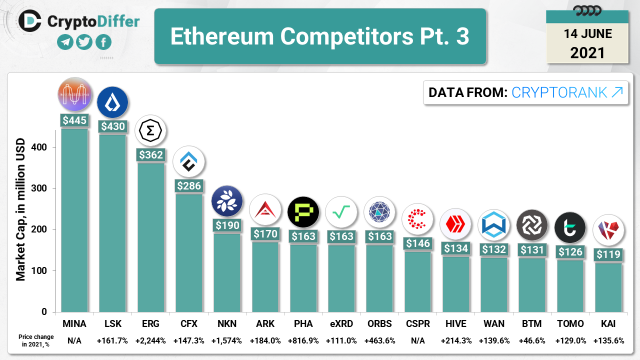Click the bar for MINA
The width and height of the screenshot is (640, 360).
74,220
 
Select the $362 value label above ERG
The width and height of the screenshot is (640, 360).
151,154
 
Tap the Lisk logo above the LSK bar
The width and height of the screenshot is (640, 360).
112,102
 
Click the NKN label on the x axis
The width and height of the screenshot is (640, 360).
227,323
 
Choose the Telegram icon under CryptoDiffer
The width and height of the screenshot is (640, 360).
65,42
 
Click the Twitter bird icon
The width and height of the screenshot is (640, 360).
84,42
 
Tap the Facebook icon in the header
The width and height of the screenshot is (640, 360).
103,42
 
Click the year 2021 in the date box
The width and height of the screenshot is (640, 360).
587,52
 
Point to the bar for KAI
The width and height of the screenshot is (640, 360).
608,287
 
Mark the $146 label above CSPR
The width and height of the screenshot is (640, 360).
417,243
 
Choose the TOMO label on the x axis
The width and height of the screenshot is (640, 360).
570,323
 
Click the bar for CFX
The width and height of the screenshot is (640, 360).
189,252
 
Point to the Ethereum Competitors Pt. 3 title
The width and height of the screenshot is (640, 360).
320,36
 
